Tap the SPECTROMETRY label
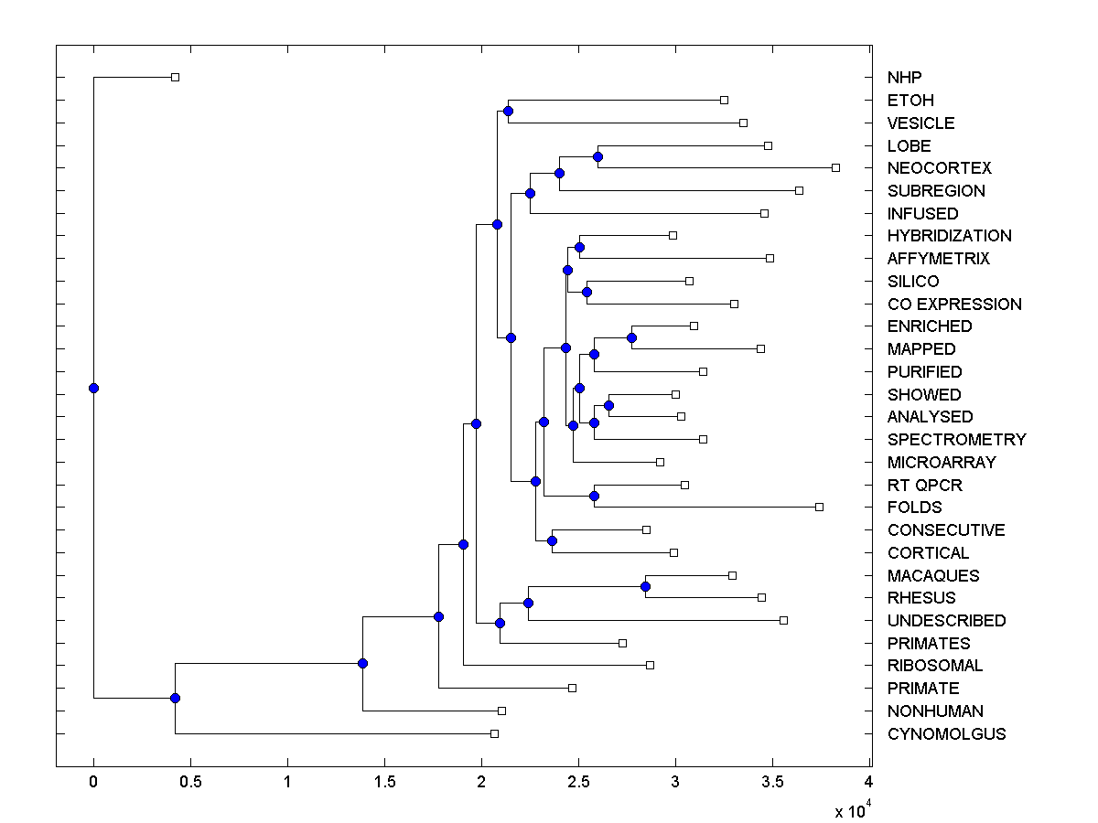[956, 440]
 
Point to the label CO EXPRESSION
[954, 305]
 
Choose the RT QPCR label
[924, 486]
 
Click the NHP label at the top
[905, 78]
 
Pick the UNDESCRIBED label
[946, 621]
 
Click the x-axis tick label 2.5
[577, 782]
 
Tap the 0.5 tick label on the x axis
[189, 782]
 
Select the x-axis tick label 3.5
[771, 782]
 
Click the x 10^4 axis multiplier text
[850, 809]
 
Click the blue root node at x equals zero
[93, 388]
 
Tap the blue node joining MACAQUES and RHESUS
[645, 586]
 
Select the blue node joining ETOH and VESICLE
[508, 111]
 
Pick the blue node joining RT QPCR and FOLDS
[594, 496]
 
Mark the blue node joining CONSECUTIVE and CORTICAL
[552, 540]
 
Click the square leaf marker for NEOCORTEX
[835, 167]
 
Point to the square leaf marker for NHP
[175, 77]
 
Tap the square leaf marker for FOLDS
[819, 507]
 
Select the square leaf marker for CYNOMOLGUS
[494, 733]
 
